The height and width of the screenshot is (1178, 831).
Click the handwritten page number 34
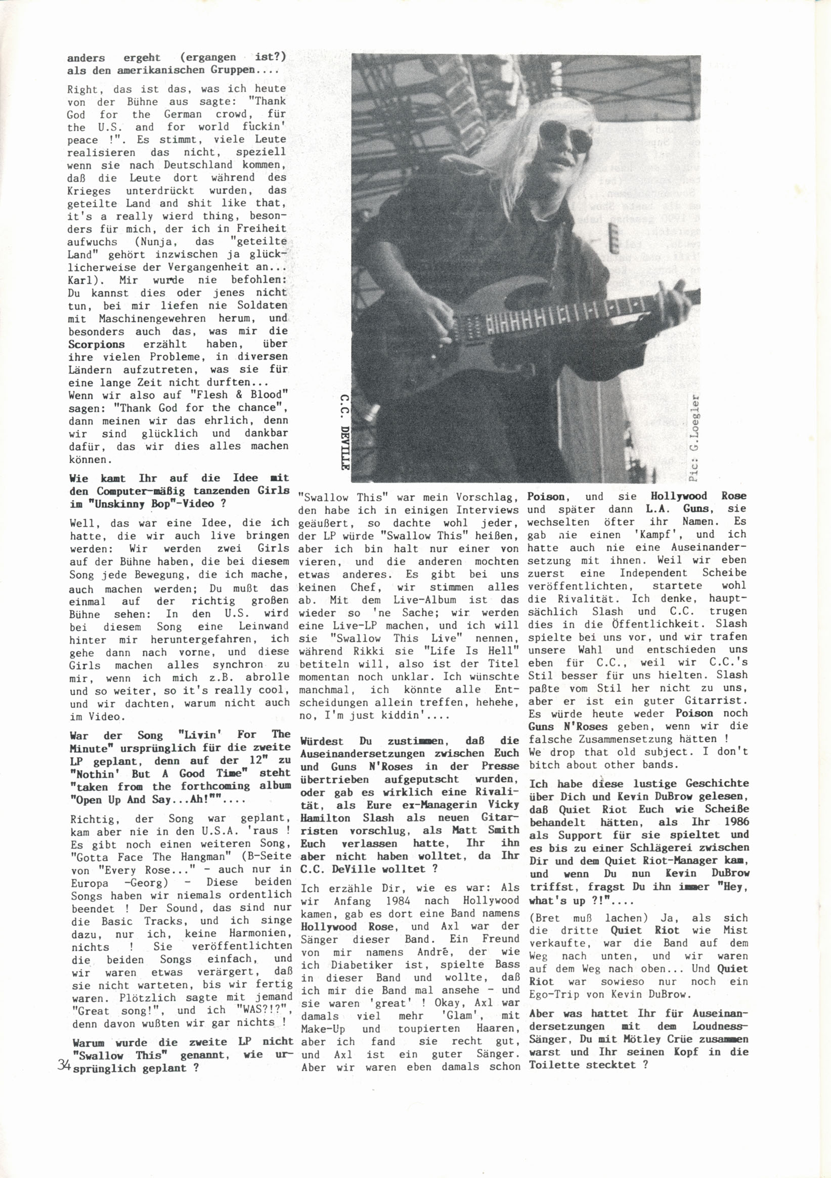[x=64, y=1065]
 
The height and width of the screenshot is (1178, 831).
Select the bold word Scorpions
[x=97, y=344]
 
